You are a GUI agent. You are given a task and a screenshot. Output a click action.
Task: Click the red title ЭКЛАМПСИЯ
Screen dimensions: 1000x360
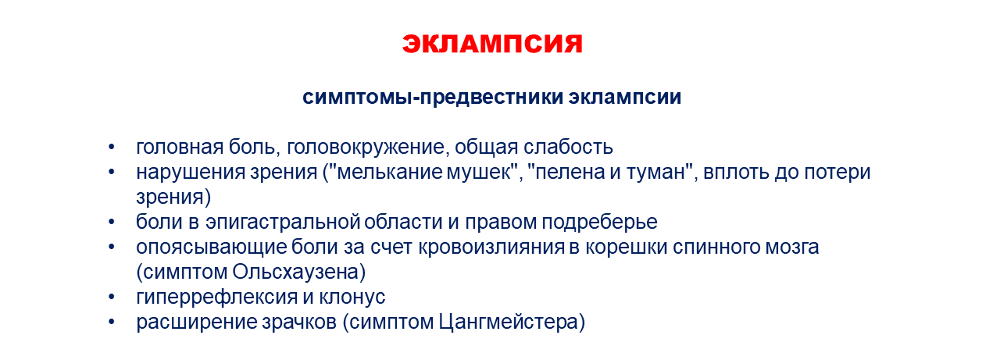coord(492,44)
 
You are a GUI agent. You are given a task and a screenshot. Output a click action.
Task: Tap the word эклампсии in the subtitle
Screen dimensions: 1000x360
coord(625,98)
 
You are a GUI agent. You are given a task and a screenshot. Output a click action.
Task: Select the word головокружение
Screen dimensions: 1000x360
coord(367,148)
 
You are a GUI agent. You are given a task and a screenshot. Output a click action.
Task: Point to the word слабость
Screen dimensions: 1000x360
coord(568,148)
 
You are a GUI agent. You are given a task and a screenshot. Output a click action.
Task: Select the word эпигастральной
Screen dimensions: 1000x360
coord(283,222)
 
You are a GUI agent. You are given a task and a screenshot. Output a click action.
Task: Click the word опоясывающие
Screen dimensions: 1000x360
coord(211,247)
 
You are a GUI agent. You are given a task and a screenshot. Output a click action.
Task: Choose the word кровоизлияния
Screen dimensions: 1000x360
coord(491,247)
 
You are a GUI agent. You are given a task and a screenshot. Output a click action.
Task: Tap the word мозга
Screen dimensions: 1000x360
coord(792,247)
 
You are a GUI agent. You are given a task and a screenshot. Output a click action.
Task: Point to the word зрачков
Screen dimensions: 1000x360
coord(298,322)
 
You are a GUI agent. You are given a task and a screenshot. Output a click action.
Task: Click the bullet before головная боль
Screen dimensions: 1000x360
coord(111,148)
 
